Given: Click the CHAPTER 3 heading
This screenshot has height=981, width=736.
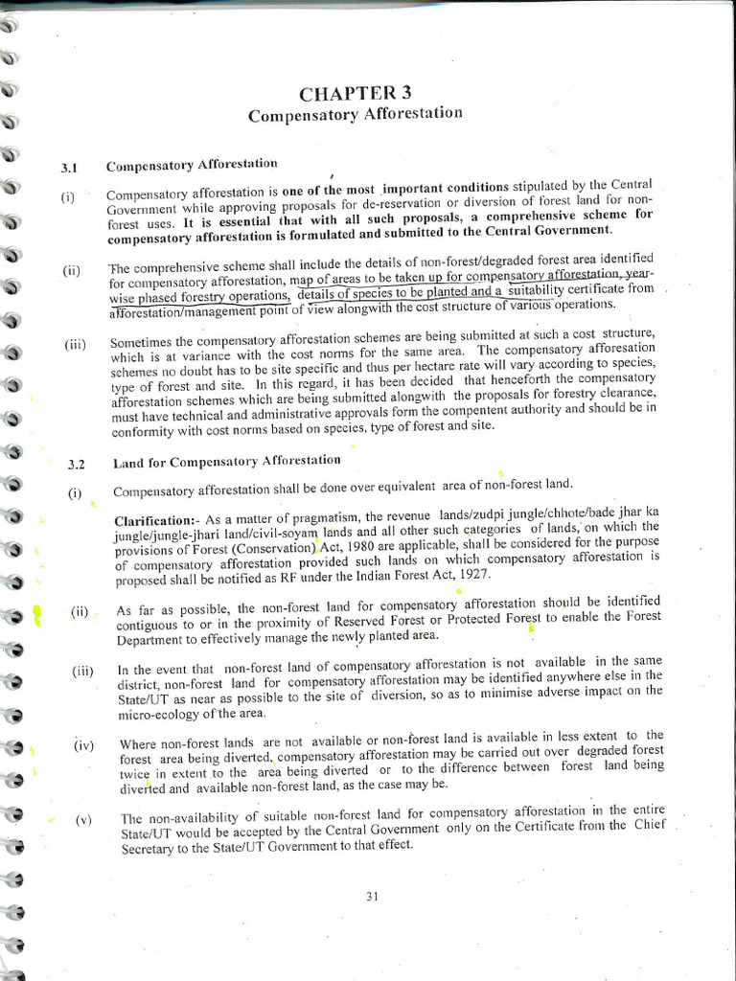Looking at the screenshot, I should pos(356,93).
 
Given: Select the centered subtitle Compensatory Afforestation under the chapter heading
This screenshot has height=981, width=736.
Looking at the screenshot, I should pos(355,114).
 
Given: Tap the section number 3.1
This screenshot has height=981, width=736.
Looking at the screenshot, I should pos(68,168).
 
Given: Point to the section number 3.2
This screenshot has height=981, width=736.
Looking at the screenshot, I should pos(76,465).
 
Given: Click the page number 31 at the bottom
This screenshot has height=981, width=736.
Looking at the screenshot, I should pos(373,896).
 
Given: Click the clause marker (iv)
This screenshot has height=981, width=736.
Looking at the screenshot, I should pos(83,743).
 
